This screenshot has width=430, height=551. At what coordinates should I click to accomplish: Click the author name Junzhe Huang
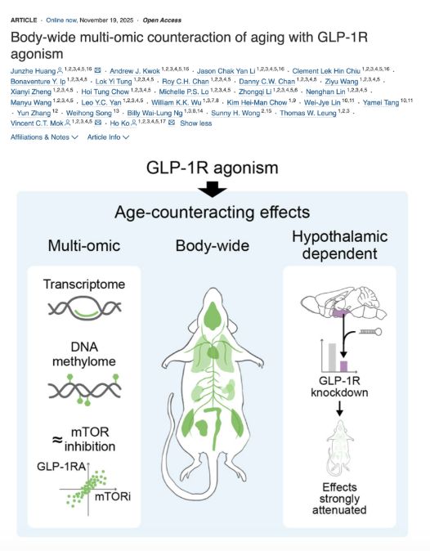coord(33,71)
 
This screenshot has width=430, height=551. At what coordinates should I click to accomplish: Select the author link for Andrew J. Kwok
coord(135,71)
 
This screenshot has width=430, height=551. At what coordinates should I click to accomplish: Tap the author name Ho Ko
coord(120,123)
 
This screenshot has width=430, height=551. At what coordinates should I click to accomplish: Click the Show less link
coord(195,123)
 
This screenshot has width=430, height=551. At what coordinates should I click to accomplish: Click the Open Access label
coord(162,20)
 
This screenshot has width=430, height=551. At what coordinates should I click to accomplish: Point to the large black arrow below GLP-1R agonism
coord(213,189)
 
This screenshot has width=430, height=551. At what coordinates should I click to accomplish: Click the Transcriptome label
coord(84,284)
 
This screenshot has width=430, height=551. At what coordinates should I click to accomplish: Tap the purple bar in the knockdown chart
coord(343,366)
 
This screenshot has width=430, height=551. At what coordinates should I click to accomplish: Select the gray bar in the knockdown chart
coord(332,357)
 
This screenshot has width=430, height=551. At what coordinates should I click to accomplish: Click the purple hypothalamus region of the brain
coord(339,313)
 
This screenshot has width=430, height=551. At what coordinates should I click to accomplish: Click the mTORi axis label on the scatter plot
coord(113,496)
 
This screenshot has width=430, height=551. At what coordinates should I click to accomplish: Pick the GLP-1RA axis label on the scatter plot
coord(61,467)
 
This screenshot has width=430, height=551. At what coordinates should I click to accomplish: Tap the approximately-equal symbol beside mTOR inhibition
coord(57,439)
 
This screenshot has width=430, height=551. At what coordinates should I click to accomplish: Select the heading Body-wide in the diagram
coord(213,245)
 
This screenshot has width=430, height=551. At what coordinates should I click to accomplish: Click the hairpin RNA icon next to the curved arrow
coord(370,331)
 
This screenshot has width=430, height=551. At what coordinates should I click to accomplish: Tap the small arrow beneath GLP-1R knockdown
coord(340,408)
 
